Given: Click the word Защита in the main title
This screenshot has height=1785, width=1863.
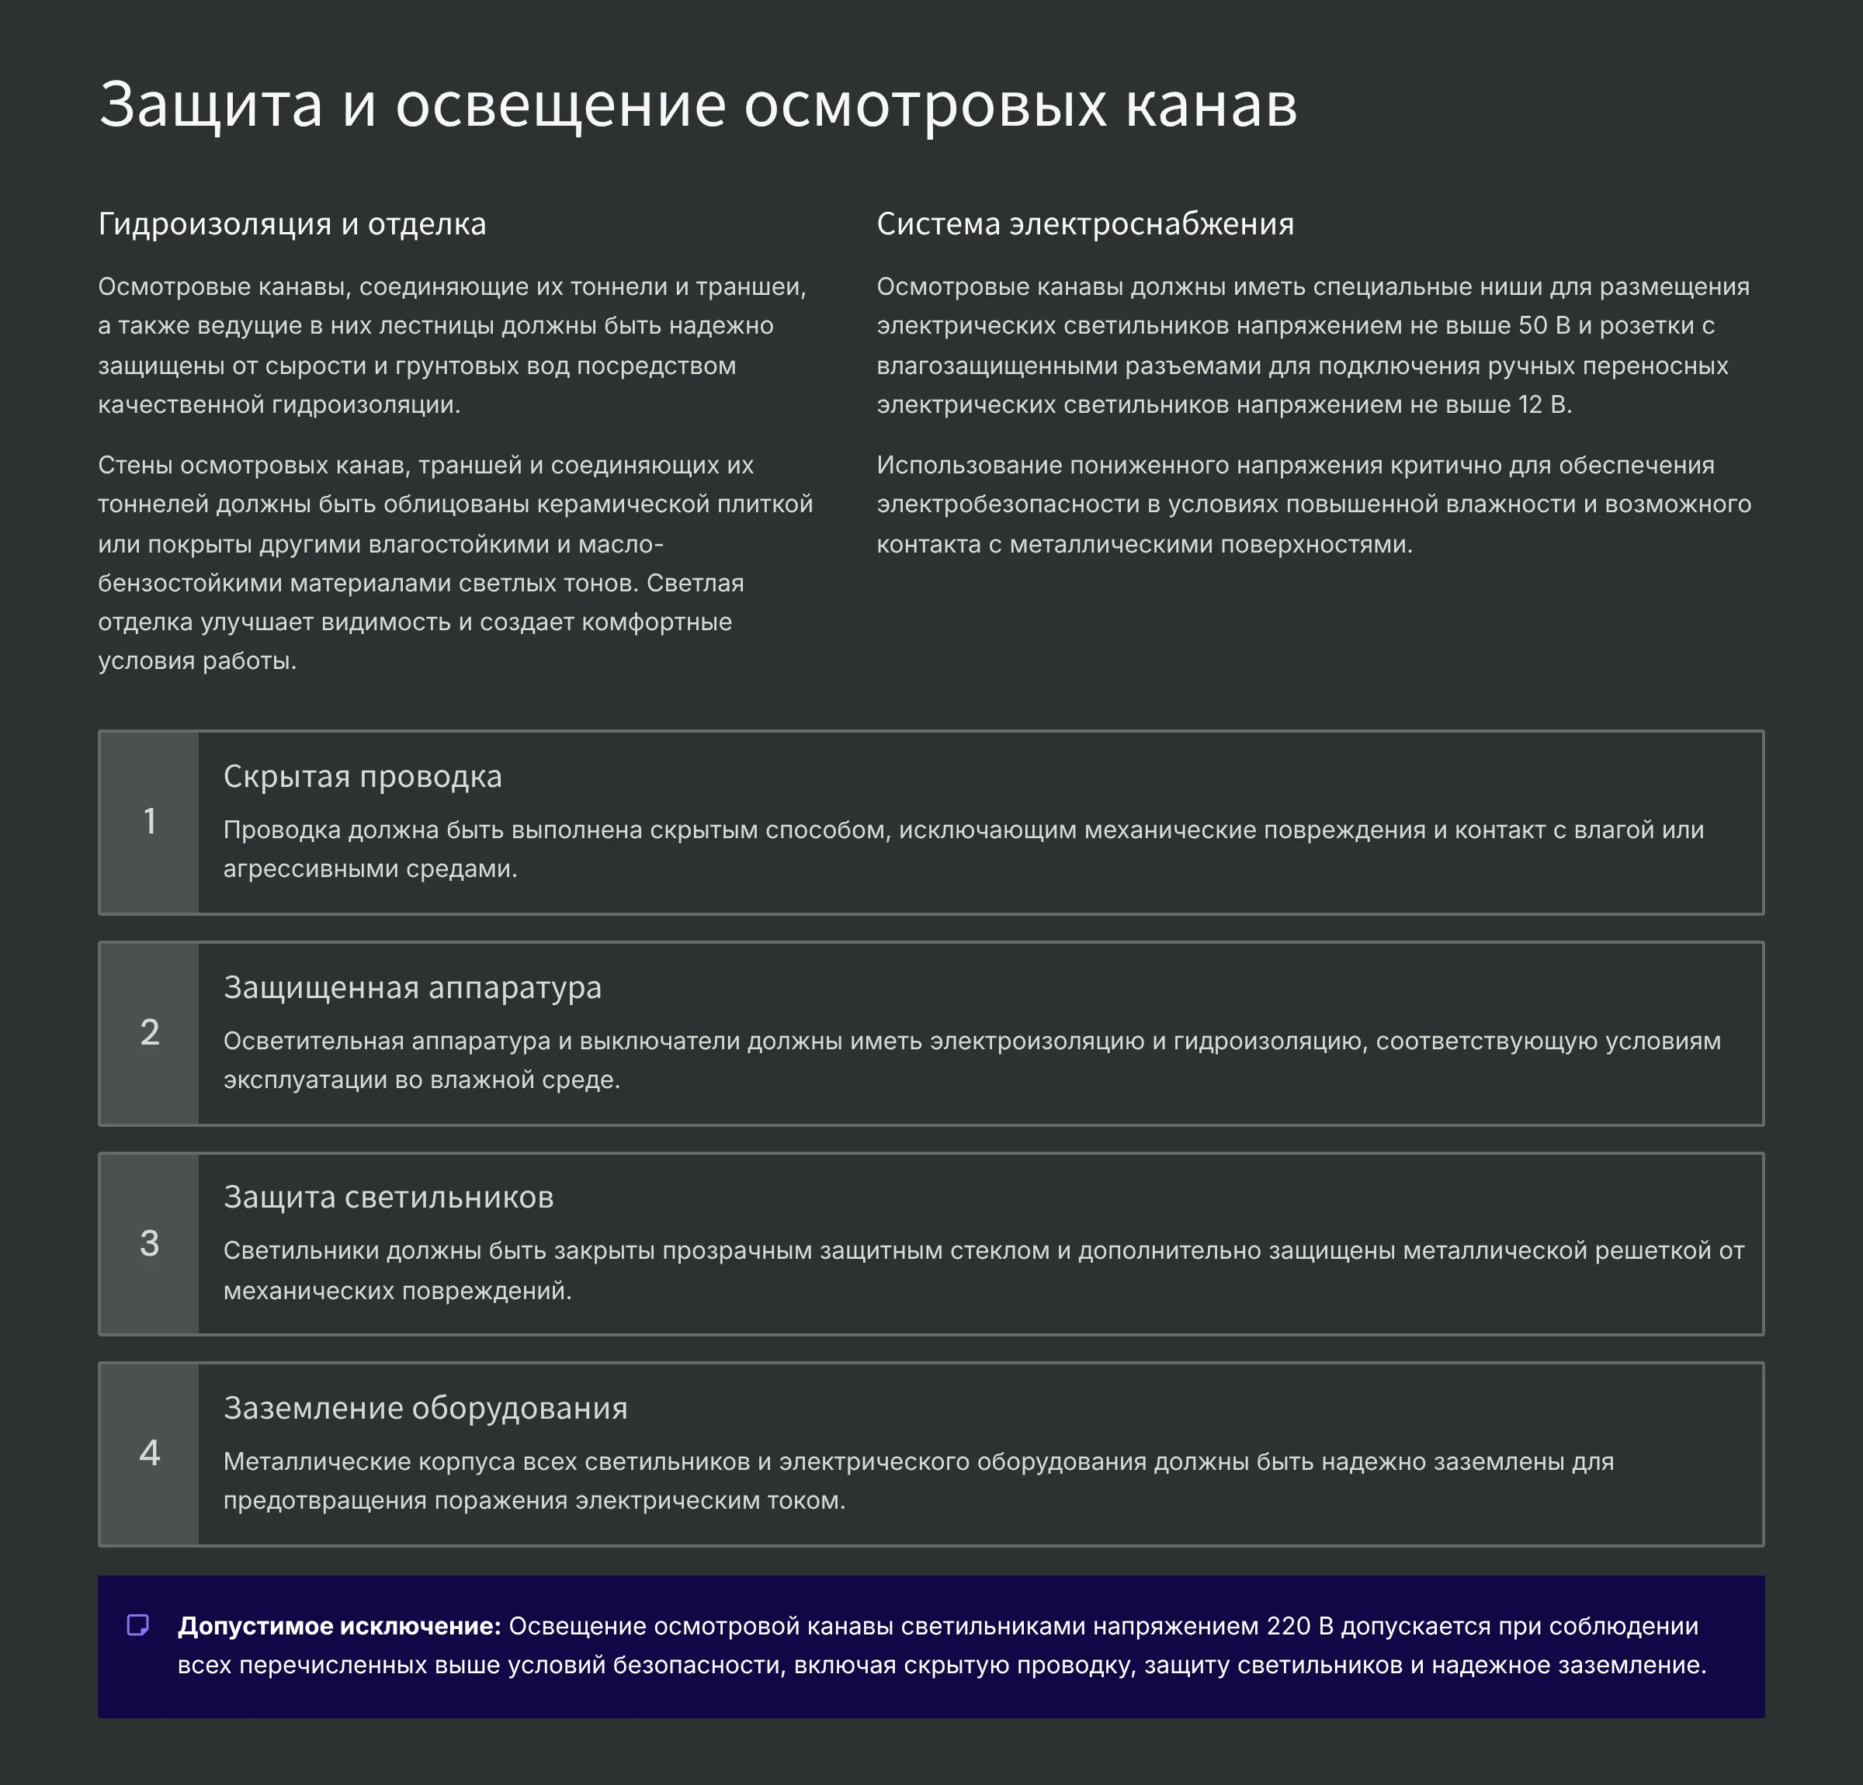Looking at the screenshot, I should point(210,105).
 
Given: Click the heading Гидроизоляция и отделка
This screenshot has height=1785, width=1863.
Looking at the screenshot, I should point(292,224).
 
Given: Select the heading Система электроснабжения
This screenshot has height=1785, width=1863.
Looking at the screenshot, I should point(1084,224).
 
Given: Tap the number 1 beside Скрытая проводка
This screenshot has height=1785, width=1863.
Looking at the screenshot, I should point(149,822).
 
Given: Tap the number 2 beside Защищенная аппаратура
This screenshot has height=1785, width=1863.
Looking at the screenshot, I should point(149,1033).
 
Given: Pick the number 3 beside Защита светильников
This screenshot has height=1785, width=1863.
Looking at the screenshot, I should point(149,1244).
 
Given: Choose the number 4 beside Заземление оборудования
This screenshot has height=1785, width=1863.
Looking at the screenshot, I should point(149,1454).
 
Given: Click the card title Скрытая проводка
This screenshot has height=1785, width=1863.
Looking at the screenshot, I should point(363,777).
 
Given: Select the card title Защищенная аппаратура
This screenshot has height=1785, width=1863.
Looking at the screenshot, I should point(411,987).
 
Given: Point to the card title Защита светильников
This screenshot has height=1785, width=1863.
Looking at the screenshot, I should point(388,1198).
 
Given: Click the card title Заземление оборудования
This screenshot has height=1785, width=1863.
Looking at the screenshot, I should point(425,1408).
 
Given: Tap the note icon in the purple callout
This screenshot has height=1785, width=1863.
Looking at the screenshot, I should point(138,1625).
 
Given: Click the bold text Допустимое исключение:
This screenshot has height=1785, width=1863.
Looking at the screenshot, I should point(338,1626).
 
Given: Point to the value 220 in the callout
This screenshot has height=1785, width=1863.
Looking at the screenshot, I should point(1288,1626).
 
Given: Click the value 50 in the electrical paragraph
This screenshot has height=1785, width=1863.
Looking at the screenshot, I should point(1532,326).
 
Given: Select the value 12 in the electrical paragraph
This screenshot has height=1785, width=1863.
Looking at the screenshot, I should point(1530,405).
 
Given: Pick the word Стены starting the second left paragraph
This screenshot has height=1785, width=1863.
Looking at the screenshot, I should point(135,466).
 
